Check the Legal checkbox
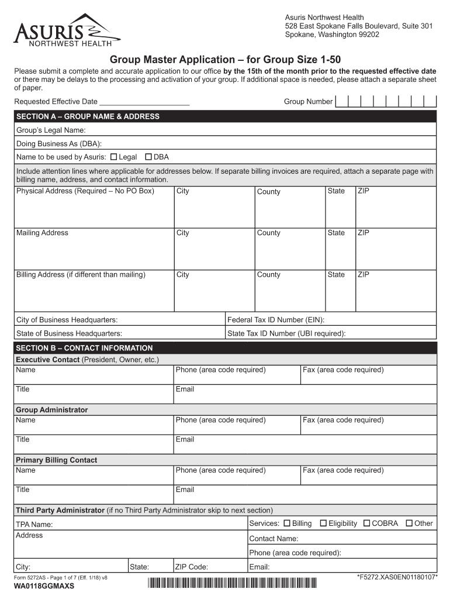coord(114,157)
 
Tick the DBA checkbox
coord(148,157)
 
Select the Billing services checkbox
coord(286,523)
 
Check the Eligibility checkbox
coord(323,523)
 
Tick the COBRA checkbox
coord(366,523)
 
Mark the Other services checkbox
coord(409,523)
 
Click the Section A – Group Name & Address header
coord(88,116)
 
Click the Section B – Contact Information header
coord(84,347)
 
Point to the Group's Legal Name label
coord(51,130)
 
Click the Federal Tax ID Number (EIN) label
coord(276,320)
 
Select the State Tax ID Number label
coord(286,333)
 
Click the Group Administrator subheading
coord(51,409)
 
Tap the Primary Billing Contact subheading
coord(56,460)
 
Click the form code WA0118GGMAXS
coord(44,586)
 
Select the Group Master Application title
coord(225,60)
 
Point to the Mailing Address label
coord(42,233)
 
